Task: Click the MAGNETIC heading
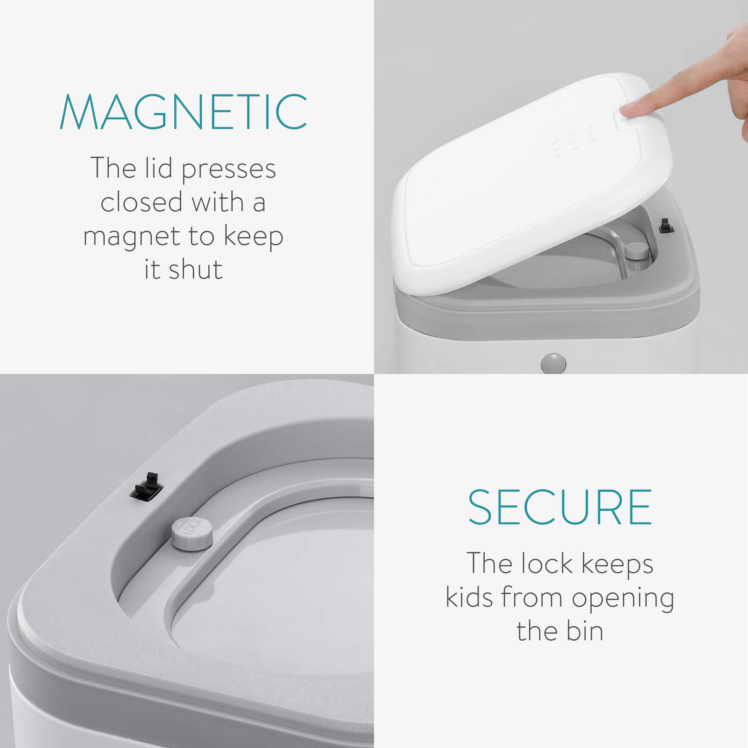(x=184, y=111)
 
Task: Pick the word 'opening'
(x=623, y=598)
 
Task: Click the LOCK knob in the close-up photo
(x=192, y=533)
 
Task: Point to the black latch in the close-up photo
(x=147, y=487)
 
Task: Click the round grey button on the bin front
(x=553, y=363)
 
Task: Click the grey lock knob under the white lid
(x=637, y=251)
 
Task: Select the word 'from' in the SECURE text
(x=531, y=597)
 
